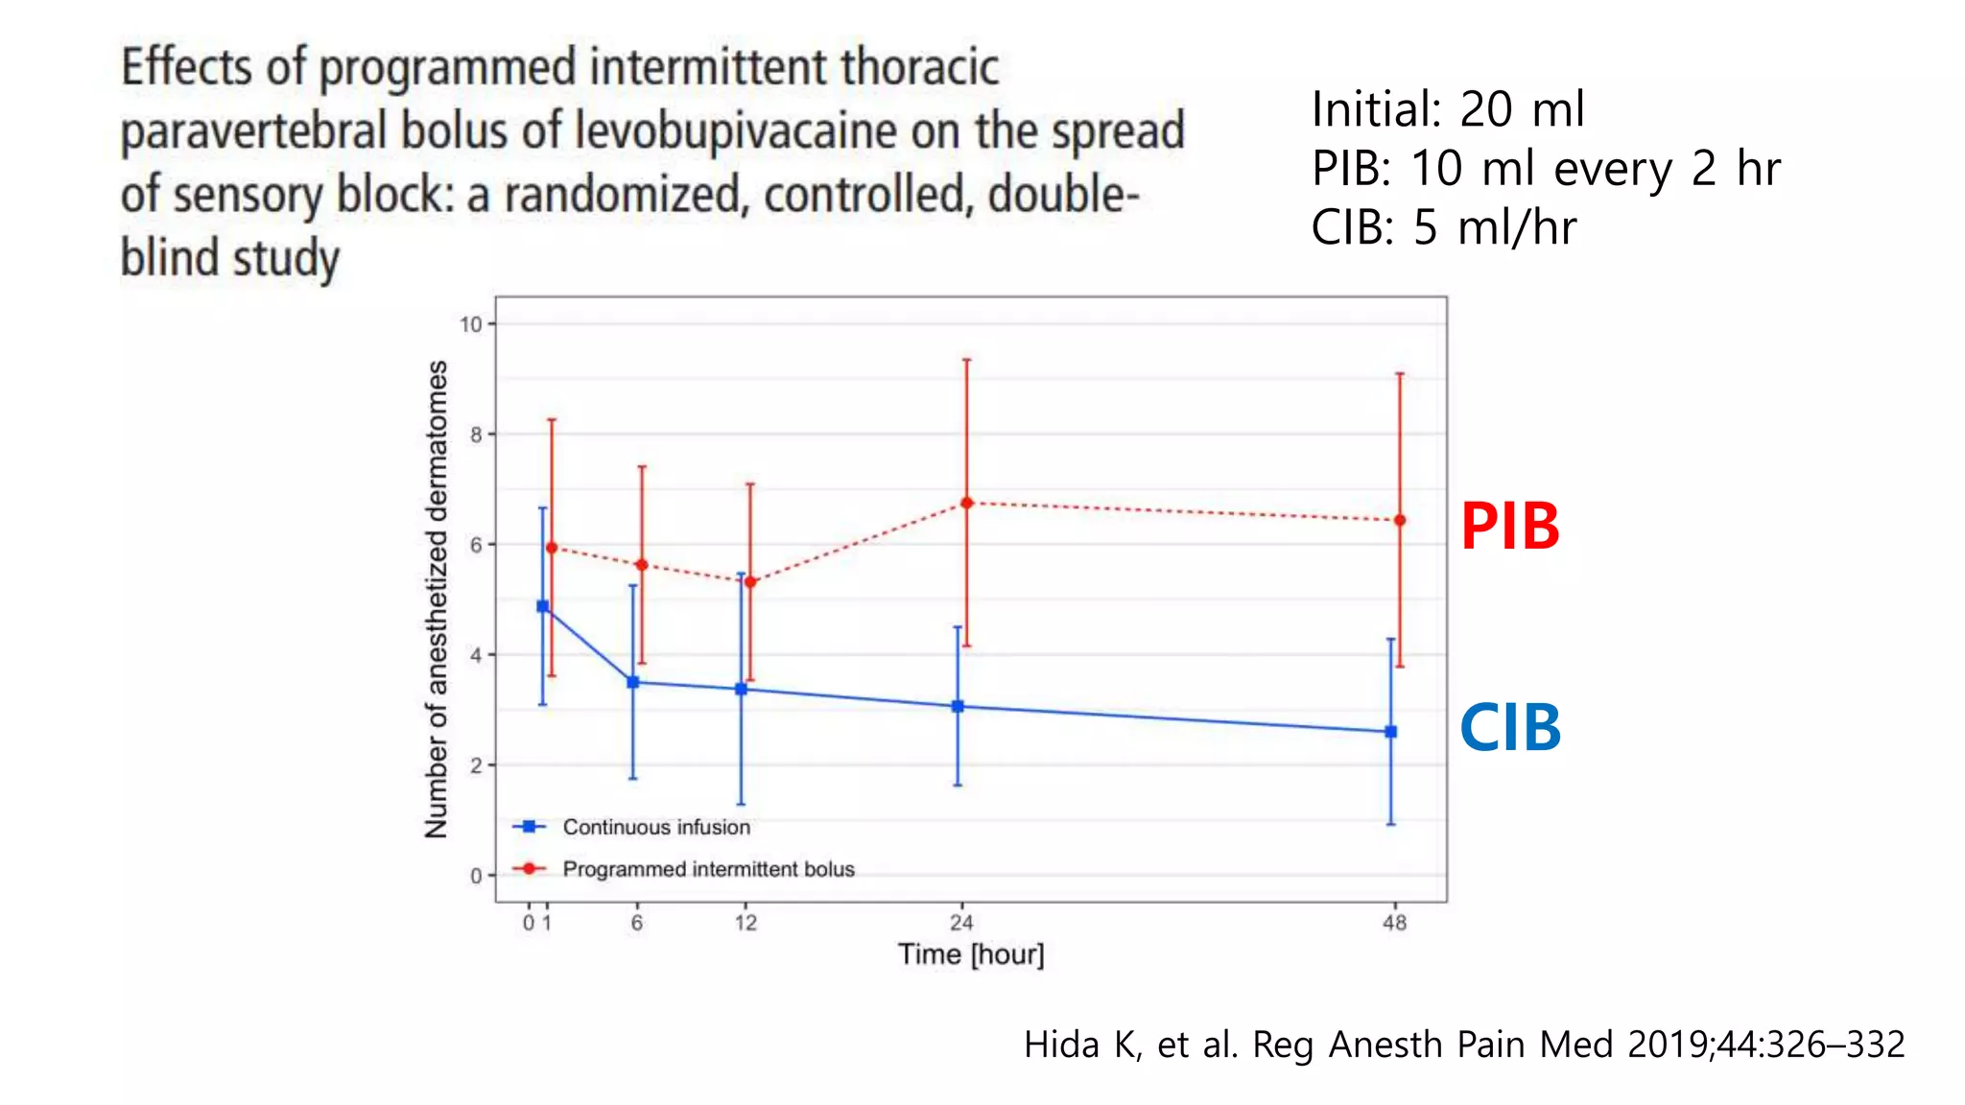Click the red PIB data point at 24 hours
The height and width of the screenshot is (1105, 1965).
(966, 503)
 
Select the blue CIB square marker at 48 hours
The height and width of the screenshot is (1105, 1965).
(1391, 732)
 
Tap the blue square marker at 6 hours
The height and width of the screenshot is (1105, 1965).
(632, 682)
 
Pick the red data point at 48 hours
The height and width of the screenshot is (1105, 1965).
(1400, 520)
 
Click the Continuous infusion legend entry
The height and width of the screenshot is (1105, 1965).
(655, 827)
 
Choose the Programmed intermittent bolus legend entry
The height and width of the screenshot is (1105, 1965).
(707, 869)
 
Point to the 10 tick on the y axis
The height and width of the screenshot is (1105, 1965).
(471, 324)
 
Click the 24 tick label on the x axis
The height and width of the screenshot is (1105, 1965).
(961, 923)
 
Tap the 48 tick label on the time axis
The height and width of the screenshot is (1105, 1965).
(1394, 923)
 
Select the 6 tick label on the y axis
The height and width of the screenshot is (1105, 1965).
(476, 545)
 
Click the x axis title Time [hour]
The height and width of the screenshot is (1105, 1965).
(971, 954)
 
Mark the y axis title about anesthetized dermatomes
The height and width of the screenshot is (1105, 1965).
(437, 600)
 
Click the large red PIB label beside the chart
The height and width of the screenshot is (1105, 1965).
(1509, 527)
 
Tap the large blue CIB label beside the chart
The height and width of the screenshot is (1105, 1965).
(1510, 728)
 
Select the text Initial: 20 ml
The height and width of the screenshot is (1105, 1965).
(1447, 109)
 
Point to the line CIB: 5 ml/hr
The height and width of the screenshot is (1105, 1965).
(1443, 228)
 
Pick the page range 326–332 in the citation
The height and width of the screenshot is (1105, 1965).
(1835, 1045)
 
